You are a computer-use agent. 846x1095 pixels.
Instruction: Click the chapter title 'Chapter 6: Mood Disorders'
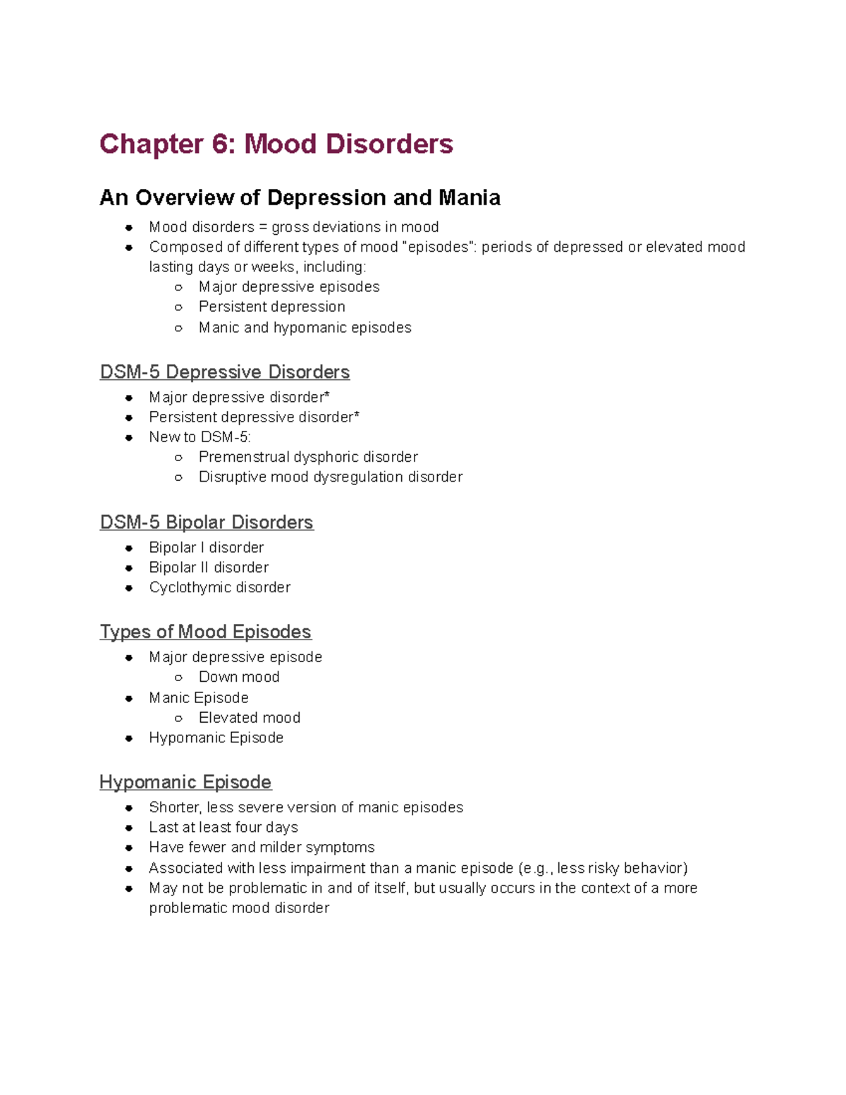(276, 145)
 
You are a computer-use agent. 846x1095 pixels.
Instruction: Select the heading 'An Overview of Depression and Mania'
(300, 197)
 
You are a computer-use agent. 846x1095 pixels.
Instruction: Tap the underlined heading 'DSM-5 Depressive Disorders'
(224, 372)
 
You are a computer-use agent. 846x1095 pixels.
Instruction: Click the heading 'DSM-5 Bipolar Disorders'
(207, 522)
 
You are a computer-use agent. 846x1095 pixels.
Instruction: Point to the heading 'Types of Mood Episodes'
(205, 631)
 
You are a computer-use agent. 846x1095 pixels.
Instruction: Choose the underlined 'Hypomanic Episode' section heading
(185, 782)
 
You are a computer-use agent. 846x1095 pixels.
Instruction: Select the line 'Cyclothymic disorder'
(219, 587)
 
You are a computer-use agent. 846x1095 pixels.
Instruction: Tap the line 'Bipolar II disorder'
(209, 568)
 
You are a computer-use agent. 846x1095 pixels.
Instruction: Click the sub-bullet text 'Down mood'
(239, 677)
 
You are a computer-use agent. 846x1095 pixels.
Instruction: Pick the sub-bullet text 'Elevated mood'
(250, 718)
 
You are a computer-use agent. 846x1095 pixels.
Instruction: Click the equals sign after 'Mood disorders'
(262, 228)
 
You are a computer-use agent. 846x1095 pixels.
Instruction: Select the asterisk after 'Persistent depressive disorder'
(357, 415)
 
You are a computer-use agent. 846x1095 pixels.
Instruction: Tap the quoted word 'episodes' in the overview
(436, 247)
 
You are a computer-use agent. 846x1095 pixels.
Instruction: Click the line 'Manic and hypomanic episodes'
(305, 328)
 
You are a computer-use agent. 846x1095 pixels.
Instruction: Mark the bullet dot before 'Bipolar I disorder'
(129, 548)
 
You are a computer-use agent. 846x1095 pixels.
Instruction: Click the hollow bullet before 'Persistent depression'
(178, 307)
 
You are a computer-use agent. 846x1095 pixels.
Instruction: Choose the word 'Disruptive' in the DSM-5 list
(232, 477)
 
